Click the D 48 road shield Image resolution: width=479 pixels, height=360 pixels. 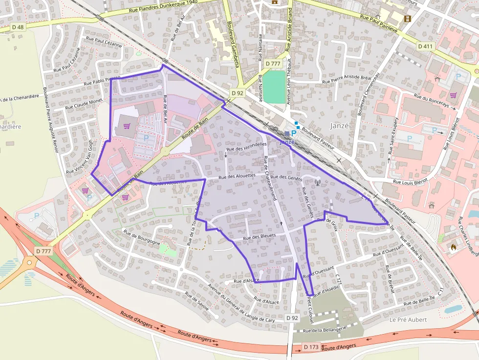pyautogui.click(x=17, y=27)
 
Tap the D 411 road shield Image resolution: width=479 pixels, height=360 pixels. pyautogui.click(x=426, y=46)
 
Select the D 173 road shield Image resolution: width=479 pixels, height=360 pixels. pyautogui.click(x=311, y=347)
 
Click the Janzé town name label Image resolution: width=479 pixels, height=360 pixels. pyautogui.click(x=339, y=126)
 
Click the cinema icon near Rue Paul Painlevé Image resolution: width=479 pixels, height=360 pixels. pyautogui.click(x=407, y=19)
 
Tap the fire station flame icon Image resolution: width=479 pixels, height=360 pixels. pyautogui.click(x=453, y=248)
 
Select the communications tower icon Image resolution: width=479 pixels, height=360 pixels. pyautogui.click(x=316, y=184)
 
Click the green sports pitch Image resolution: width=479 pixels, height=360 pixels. pyautogui.click(x=274, y=87)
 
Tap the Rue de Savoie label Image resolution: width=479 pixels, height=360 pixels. pyautogui.click(x=197, y=301)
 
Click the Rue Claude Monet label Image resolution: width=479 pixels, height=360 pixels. pyautogui.click(x=84, y=104)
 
